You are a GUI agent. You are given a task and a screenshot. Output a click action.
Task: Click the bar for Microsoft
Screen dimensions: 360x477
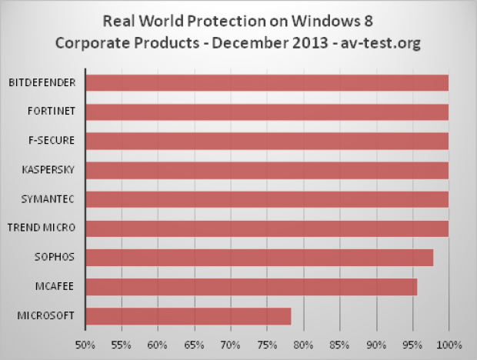[188, 316]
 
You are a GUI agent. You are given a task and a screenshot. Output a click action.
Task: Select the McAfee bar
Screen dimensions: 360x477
[251, 287]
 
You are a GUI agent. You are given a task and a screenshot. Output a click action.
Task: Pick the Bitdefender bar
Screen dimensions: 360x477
[266, 82]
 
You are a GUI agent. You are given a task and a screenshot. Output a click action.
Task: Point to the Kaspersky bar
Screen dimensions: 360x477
[266, 170]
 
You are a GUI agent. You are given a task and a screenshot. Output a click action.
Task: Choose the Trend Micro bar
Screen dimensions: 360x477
[266, 228]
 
